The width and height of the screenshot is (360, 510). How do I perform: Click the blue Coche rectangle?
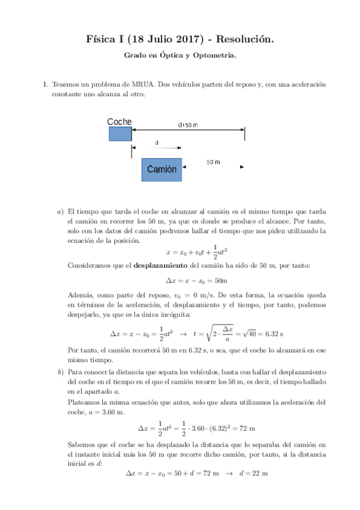tap(120, 134)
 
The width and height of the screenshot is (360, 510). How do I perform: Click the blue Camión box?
tap(162, 170)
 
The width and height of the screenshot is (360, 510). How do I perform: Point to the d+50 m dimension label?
tap(188, 125)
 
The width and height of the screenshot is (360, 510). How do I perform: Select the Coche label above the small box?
tap(120, 121)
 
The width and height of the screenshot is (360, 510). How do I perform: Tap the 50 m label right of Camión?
tap(213, 163)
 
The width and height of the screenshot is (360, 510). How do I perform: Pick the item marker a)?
tap(60, 212)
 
